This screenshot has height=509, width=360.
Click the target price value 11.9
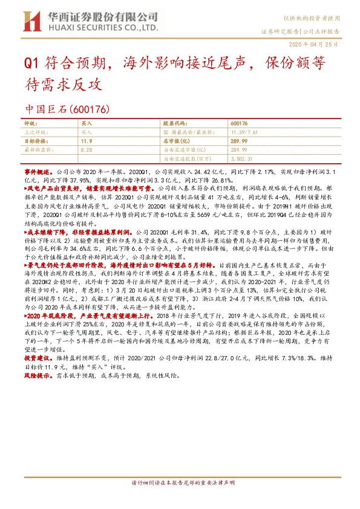coord(86,140)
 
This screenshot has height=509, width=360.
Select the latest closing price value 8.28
coord(86,148)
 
